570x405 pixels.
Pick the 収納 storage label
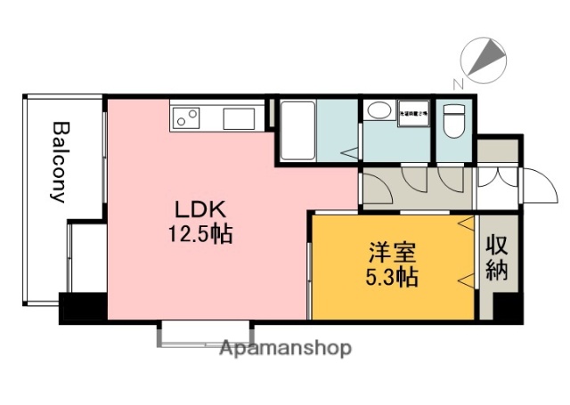pos(497,258)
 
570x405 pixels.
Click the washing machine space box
pos(413,115)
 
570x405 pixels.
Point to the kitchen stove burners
pos(186,116)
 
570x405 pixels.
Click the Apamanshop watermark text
pos(285,348)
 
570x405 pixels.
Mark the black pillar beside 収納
pos(505,307)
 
